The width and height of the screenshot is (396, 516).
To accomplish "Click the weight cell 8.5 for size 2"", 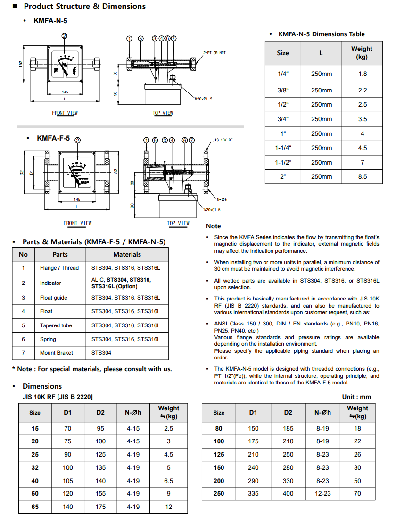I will (362, 177).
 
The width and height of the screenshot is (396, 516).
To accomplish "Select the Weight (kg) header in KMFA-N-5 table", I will (362, 53).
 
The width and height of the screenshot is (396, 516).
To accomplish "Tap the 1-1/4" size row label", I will (283, 148).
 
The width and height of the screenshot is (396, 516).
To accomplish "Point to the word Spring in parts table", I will (48, 339).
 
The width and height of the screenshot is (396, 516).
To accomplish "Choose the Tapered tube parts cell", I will (56, 325).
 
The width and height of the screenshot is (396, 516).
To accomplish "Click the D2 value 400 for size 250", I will (288, 494).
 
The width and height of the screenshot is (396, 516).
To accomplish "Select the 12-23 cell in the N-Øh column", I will (323, 494).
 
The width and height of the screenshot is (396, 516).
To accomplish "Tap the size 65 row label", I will (35, 507).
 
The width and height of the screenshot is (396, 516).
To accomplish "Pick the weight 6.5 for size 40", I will (168, 481).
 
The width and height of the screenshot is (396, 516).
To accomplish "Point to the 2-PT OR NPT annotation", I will (214, 53).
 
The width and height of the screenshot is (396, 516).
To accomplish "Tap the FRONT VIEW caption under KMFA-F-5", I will (78, 223).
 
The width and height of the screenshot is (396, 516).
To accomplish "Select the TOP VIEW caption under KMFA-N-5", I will (163, 113).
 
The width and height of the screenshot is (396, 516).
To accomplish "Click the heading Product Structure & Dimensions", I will (84, 7).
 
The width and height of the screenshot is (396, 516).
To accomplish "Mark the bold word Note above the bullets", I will (213, 226).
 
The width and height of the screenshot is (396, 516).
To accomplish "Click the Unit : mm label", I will (356, 397).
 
